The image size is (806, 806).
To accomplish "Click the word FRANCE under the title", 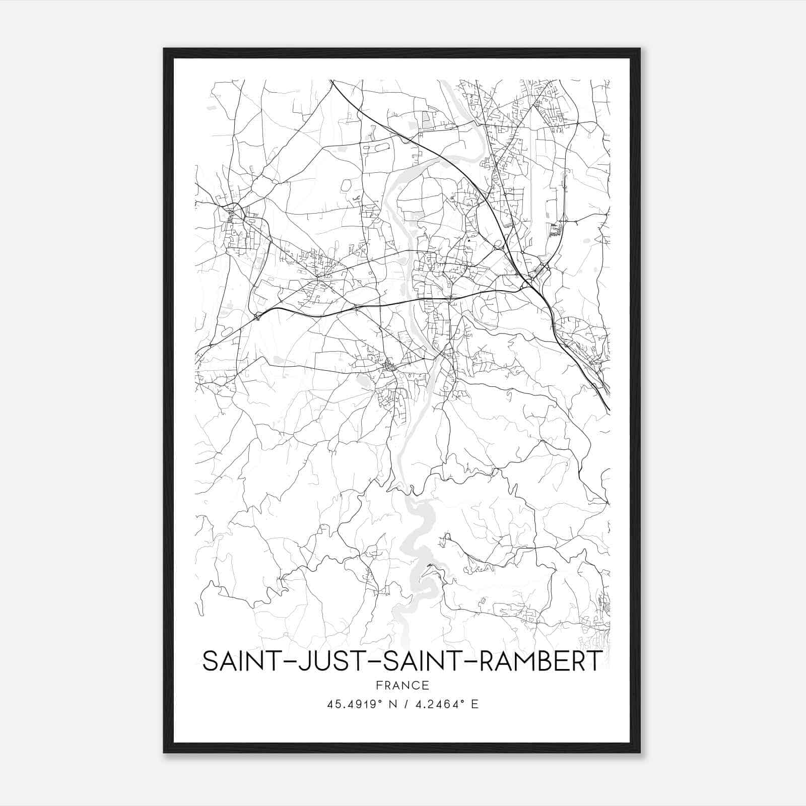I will coord(402,686).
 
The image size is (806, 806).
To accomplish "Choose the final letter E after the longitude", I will coord(474,704).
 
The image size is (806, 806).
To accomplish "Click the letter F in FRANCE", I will coord(379,686).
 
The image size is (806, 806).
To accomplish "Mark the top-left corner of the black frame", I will coord(164,49).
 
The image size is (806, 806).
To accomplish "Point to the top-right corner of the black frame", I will coord(640,49).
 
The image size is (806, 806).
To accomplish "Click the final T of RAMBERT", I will coord(593,661).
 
